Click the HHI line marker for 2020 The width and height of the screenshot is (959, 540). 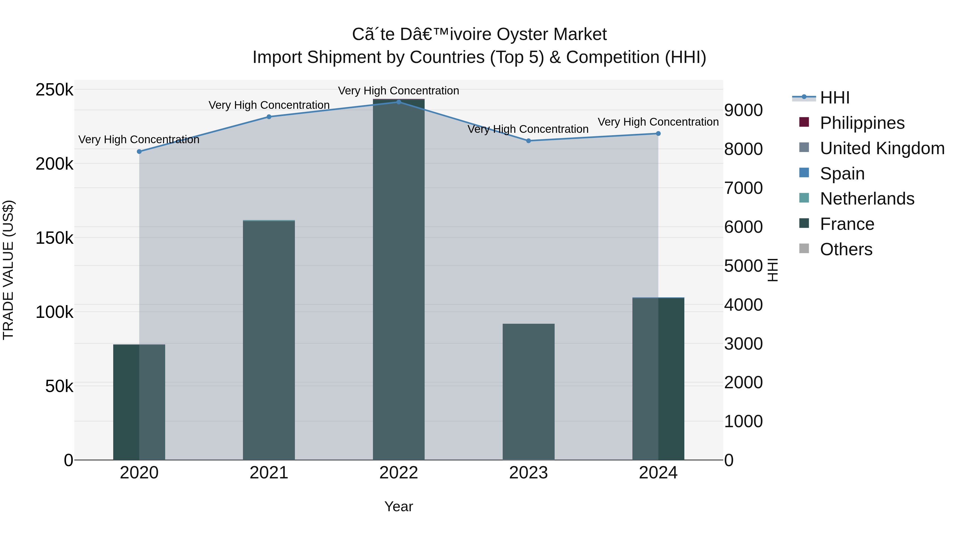139,152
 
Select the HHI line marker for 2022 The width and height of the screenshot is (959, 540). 399,102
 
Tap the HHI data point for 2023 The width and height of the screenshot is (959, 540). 528,141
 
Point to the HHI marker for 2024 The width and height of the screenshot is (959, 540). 658,133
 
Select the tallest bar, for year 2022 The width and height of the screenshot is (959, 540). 399,279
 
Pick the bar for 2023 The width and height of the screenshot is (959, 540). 528,391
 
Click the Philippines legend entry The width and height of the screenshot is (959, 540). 862,123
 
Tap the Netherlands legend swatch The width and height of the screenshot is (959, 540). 804,198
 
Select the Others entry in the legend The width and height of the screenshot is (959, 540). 846,249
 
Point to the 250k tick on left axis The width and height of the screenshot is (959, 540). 54,90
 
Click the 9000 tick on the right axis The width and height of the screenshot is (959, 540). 743,110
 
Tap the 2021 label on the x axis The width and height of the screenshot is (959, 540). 269,473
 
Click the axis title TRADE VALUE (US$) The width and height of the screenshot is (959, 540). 8,270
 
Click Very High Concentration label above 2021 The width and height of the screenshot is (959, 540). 269,105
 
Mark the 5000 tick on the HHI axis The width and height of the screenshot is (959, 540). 743,266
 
